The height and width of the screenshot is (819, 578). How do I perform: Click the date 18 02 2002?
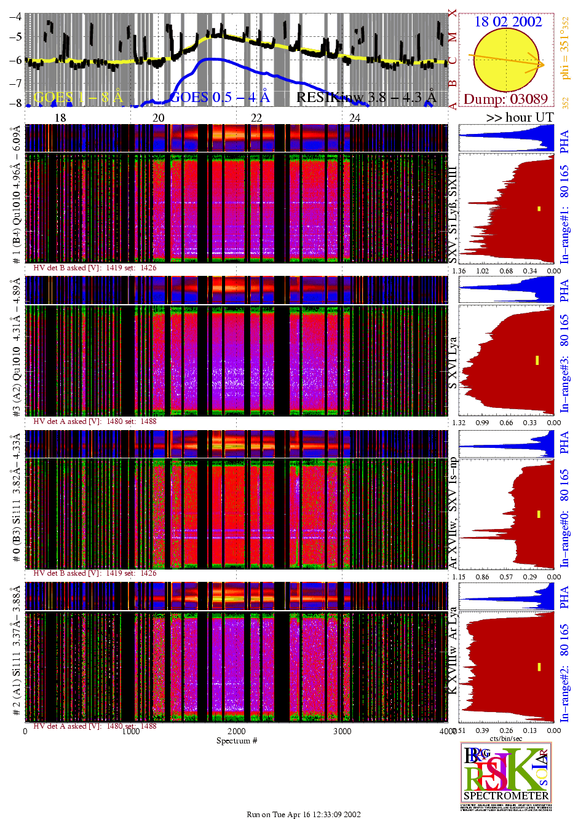tap(508, 22)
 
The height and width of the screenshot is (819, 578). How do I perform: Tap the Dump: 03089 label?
tap(505, 99)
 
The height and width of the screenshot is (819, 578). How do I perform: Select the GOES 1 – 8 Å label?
tap(78, 97)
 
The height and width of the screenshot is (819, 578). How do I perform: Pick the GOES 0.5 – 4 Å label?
tap(219, 97)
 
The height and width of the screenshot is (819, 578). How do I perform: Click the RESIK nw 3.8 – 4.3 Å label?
tap(366, 97)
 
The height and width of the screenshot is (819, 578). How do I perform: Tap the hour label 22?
tap(256, 117)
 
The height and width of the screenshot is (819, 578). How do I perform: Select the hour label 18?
tap(60, 117)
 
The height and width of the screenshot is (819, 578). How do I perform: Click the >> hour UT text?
tap(520, 117)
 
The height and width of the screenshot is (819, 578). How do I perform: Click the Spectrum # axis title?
tap(237, 740)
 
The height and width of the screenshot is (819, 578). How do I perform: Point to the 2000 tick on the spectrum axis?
tap(237, 731)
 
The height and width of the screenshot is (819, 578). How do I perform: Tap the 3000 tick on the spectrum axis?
tap(342, 731)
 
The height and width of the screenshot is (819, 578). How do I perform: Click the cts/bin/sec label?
tap(506, 739)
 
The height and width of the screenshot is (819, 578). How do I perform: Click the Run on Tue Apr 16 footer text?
tap(304, 814)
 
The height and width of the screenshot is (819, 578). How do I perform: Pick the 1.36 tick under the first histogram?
tap(459, 270)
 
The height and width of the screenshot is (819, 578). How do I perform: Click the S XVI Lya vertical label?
tap(453, 362)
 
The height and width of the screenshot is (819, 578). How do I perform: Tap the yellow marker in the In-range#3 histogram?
tap(537, 360)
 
